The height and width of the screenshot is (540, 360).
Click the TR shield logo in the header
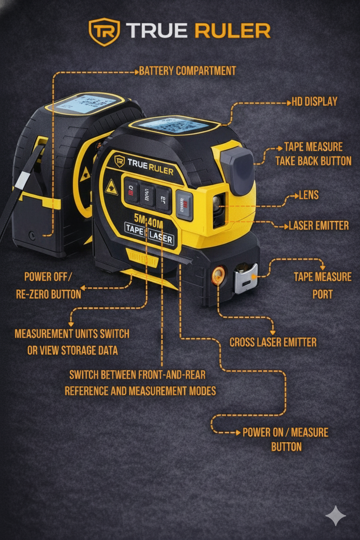coord(104,32)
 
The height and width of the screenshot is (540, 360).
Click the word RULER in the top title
coord(232,31)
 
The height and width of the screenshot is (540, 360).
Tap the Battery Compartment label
coord(187,71)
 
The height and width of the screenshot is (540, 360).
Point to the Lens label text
coord(309,195)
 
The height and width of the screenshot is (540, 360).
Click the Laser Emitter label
coord(318,225)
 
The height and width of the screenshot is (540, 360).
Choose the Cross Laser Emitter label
coord(273,342)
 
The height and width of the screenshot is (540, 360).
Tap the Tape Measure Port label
coord(322,285)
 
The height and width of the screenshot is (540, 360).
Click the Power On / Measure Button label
coord(285,439)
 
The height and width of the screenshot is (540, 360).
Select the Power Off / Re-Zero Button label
coord(48,285)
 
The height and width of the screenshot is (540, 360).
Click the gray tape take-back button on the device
coord(238,170)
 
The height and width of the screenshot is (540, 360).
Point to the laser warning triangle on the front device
coord(111,186)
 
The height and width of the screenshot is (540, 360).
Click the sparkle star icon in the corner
coord(336,516)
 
